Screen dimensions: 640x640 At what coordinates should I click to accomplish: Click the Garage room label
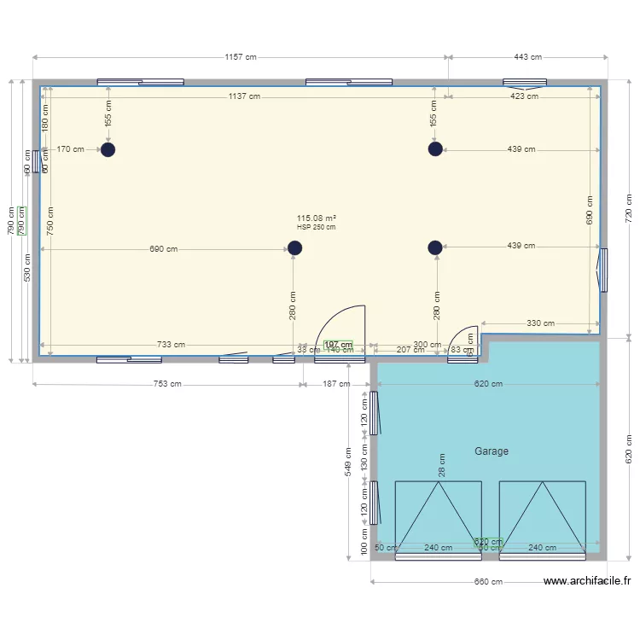coord(492,451)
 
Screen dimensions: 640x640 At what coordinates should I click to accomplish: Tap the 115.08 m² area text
coord(316,218)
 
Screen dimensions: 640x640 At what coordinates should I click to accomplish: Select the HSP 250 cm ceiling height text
coord(316,227)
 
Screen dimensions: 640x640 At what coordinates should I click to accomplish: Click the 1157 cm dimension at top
coord(241,57)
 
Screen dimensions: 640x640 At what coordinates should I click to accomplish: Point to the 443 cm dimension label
coord(527,57)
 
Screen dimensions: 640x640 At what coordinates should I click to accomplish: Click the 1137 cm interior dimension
coord(244,96)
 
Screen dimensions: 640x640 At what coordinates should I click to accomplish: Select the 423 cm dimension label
coord(524,96)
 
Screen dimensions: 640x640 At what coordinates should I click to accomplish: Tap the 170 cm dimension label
coord(70,149)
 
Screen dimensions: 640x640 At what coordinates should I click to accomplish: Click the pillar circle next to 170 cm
coord(108,149)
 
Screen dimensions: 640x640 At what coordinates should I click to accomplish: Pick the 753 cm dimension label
coord(167,384)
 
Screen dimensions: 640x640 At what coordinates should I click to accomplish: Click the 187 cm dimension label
coord(336,384)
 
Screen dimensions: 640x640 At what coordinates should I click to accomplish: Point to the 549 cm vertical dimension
coord(349,462)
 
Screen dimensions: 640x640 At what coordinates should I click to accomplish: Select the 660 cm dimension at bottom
coord(489,582)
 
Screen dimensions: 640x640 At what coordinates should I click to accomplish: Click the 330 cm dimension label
coord(540,323)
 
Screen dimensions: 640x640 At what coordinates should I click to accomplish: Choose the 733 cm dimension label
coord(171,345)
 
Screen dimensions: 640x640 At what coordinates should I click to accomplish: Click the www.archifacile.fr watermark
coord(587,581)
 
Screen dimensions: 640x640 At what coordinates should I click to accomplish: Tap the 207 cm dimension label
coord(410,350)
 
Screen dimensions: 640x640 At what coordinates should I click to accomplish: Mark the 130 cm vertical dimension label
coord(364,462)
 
